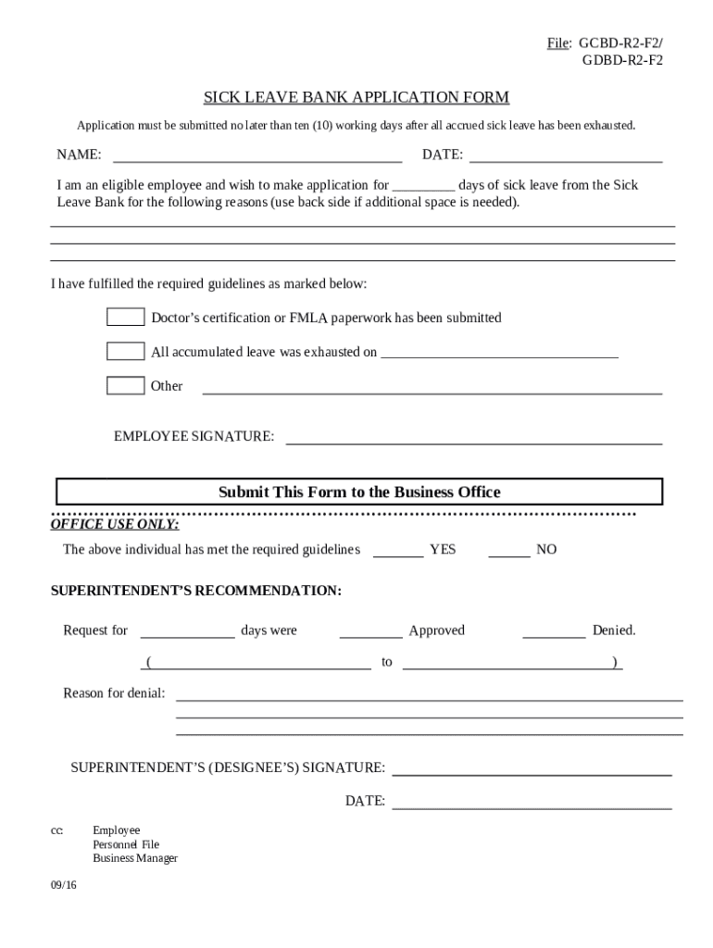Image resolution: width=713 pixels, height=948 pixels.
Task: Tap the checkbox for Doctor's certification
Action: pos(125,318)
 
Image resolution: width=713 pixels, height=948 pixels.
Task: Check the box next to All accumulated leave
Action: pos(125,352)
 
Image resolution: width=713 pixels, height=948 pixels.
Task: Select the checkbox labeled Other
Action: pos(125,386)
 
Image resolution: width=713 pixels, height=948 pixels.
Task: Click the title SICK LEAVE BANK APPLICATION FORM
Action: pos(356,97)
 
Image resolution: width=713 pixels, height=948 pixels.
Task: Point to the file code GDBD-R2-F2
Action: pos(621,61)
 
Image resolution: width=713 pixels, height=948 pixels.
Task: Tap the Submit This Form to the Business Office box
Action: pos(359,492)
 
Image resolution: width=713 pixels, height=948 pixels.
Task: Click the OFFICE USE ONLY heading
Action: pos(114,525)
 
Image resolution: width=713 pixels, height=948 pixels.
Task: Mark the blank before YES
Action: pos(398,551)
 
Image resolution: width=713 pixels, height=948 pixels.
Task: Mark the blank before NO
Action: pos(509,551)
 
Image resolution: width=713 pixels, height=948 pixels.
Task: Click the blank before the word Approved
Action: pos(370,631)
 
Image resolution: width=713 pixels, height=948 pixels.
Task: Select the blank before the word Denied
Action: pos(554,631)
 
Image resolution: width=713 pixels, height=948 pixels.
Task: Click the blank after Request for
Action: pos(187,631)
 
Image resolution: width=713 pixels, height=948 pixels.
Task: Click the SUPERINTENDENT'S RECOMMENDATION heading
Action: pos(195,591)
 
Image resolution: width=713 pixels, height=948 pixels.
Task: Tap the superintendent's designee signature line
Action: pos(532,768)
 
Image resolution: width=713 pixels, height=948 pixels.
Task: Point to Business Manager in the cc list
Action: pos(135,858)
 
